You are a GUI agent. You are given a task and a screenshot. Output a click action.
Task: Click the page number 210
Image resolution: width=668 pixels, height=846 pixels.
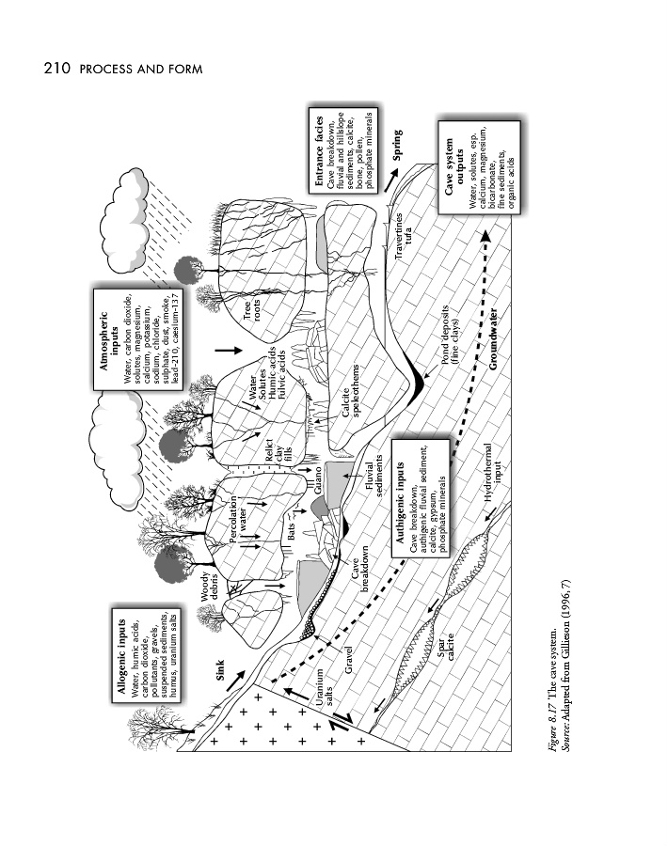(57, 70)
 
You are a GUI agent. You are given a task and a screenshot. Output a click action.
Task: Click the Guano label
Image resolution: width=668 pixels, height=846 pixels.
(318, 491)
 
